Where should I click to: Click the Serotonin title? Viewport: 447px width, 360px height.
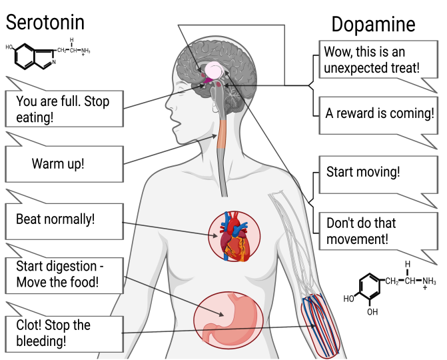[x=45, y=22]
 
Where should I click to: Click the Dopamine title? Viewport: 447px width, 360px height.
[x=373, y=25]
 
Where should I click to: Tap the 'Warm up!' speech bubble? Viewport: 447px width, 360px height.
[x=64, y=164]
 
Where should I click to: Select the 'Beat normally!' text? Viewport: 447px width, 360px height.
[x=55, y=219]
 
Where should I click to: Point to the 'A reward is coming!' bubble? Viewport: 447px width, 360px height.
[x=378, y=115]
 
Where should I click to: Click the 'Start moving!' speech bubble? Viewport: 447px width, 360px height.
[x=378, y=175]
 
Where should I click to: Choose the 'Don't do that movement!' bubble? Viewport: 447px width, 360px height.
[x=378, y=231]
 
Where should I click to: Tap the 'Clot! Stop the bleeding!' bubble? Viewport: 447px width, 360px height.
[x=64, y=334]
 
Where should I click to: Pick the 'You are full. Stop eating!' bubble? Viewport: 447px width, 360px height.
[x=64, y=109]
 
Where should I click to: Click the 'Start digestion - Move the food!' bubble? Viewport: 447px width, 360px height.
[x=64, y=275]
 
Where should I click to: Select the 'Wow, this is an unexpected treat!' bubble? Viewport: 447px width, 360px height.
[x=378, y=59]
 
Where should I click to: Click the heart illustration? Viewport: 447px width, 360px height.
[x=234, y=237]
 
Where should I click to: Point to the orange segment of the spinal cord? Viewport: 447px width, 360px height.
[x=221, y=134]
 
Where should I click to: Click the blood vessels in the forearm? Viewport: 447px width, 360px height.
[x=321, y=326]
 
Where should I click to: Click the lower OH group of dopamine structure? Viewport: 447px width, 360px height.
[x=372, y=312]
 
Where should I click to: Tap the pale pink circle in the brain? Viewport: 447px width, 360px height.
[x=214, y=70]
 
